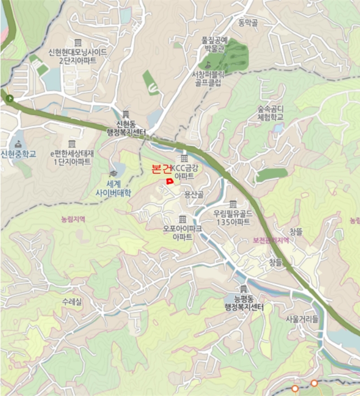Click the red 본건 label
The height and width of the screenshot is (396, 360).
coord(161,169)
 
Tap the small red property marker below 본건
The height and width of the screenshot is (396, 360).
coord(169,181)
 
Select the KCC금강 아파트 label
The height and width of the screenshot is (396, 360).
coord(185,173)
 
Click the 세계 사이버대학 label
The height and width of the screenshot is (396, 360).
coord(114,188)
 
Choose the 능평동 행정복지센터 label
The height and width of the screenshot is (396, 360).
coord(244,303)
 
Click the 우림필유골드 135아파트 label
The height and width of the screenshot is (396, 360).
coord(232,218)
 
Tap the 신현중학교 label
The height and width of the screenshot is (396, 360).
coord(18,154)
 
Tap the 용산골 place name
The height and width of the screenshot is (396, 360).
coord(194,194)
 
